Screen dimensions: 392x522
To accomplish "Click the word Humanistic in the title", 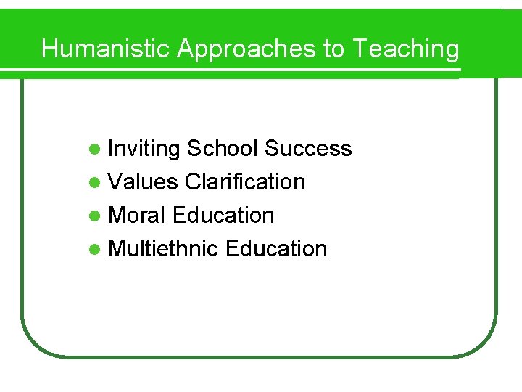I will (107, 49).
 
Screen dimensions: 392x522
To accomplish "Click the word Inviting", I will (144, 149).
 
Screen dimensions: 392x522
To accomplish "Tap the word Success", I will (308, 149).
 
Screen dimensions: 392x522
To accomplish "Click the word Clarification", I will (245, 182).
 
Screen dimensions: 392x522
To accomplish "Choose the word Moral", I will (138, 216).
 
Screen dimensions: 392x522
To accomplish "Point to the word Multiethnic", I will (163, 249).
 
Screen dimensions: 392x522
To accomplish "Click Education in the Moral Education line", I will (224, 216).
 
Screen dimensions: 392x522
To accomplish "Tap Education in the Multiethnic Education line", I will (276, 249).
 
